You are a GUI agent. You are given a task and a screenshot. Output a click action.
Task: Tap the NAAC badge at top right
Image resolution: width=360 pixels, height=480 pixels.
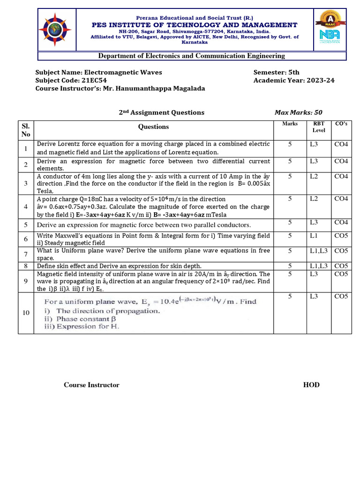tap(330, 19)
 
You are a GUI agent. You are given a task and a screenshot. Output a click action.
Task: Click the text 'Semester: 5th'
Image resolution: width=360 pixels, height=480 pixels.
tap(276, 72)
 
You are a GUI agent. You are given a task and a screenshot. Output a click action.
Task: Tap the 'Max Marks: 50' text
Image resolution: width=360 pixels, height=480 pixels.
tap(298, 112)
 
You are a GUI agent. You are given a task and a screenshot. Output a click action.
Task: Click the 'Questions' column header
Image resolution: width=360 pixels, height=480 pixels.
tap(153, 127)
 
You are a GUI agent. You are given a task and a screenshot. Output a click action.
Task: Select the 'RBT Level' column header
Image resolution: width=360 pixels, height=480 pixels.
tap(319, 127)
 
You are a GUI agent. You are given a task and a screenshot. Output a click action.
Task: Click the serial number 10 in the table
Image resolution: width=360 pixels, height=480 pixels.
tap(25, 313)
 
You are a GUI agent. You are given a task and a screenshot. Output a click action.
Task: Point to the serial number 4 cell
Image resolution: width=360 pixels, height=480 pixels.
tap(25, 206)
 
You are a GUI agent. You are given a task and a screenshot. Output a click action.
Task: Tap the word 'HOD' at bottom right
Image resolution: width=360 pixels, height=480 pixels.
tap(311, 385)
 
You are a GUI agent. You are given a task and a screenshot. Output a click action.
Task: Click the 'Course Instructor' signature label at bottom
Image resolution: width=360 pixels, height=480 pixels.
tap(91, 385)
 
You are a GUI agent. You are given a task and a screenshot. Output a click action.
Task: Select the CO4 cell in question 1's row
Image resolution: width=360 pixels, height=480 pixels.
tap(341, 144)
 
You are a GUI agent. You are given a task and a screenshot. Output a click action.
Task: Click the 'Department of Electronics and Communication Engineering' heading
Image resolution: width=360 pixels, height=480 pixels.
tap(191, 56)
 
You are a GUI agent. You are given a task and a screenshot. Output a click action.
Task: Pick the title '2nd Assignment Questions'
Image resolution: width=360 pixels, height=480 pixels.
tap(161, 112)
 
